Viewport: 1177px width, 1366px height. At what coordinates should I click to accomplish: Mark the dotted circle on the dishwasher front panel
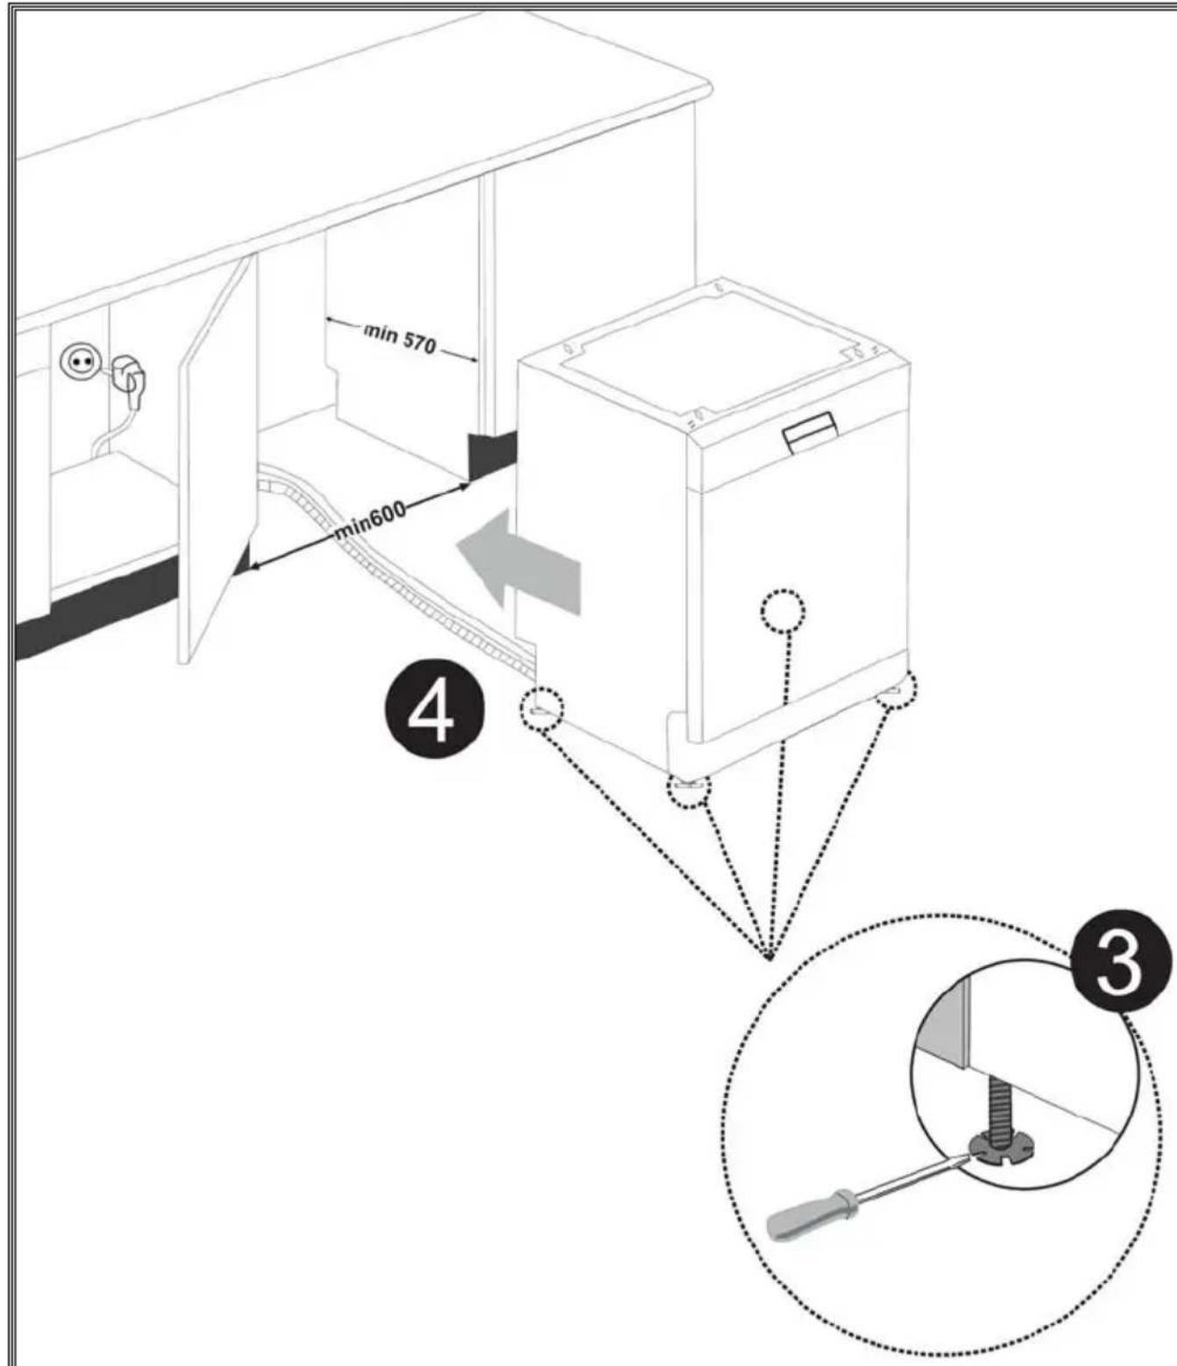tap(782, 610)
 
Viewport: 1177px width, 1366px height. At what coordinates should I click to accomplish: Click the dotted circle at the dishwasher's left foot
tap(541, 708)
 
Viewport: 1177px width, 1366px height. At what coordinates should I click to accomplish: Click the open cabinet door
tap(216, 464)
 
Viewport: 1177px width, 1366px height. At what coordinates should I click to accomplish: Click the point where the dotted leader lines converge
tap(769, 955)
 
